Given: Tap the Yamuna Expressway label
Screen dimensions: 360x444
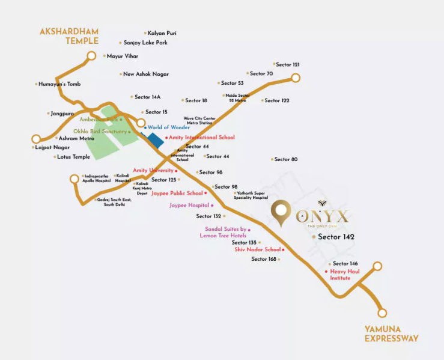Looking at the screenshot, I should click(391, 334).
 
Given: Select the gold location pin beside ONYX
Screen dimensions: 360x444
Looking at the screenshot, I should click(280, 215).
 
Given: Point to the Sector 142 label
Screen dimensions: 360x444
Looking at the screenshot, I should click(336, 237).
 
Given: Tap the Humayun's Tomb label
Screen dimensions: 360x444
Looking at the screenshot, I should click(59, 84).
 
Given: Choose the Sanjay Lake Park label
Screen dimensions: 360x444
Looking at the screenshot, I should click(145, 43).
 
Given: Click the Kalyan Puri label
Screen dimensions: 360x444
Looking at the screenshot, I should click(162, 33).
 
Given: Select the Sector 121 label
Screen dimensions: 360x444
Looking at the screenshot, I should click(288, 64).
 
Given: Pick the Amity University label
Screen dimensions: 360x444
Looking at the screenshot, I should click(153, 171).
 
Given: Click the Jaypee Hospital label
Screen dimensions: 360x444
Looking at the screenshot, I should click(189, 205).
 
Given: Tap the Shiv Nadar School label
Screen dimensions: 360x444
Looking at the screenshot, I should click(258, 249).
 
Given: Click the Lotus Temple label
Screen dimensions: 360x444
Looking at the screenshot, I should click(73, 157).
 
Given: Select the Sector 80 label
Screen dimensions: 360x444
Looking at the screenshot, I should click(286, 159).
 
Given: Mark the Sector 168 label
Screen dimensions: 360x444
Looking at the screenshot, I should click(264, 259).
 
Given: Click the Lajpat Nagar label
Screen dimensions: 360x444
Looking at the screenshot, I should click(53, 147).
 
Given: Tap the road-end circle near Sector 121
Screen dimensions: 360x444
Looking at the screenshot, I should click(296, 78).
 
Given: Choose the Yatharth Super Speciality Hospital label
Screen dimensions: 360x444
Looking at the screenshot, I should click(251, 195).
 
